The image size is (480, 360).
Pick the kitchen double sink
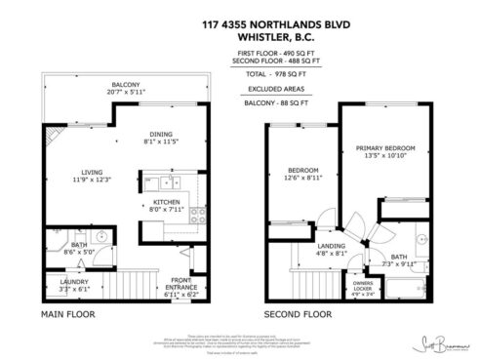tap(172, 181)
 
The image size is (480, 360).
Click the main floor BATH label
tap(79, 246)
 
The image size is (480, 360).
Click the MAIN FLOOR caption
tap(67, 315)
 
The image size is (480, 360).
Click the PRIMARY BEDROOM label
tap(388, 148)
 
